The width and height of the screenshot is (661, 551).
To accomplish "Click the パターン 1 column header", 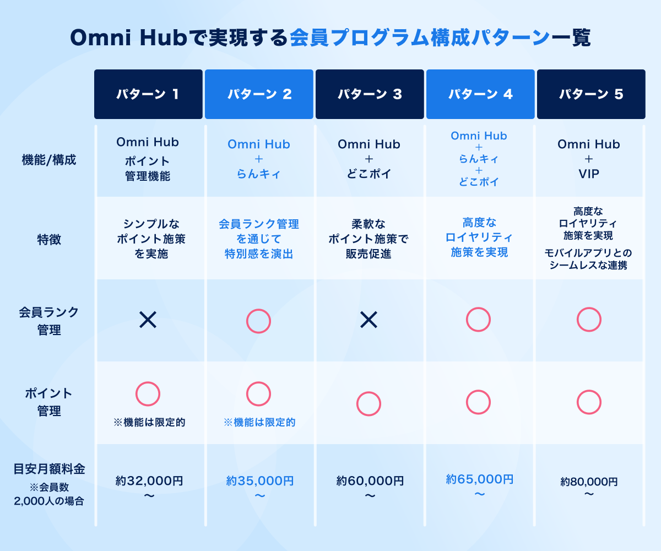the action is coord(148,94).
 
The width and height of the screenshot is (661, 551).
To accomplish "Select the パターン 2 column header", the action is coord(259,94).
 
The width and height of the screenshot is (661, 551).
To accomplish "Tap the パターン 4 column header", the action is coord(480,94).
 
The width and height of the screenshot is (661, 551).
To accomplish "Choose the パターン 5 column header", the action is coord(591,94).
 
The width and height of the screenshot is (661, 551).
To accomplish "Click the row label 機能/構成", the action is coord(49,160).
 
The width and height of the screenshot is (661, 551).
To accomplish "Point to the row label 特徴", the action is coord(49,239).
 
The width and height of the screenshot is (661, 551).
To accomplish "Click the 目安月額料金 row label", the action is coord(49,469).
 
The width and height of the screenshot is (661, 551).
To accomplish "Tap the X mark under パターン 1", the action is coord(148,320).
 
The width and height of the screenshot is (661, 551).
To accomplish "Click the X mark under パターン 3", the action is coord(369,320).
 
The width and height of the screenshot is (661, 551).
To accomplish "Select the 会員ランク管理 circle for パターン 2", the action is coord(259,309).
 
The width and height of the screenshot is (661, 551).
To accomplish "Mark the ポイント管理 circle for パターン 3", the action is coord(369,392).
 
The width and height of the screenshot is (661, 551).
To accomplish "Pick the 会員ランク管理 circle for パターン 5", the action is coord(589,308).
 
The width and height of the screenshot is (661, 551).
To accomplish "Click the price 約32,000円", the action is coord(149,480).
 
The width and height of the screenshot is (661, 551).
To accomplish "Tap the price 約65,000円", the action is coord(480,479).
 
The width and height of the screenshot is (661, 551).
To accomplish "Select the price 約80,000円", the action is coord(589,482).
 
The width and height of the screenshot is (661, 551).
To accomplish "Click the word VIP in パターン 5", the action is coord(589,174).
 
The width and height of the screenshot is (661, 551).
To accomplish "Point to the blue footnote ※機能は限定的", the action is coord(259,422).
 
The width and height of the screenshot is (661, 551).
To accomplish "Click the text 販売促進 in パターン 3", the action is coord(369,253).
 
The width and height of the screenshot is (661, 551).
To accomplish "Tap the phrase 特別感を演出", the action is coord(259,253).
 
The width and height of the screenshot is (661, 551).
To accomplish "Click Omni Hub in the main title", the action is coord(128,37).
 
